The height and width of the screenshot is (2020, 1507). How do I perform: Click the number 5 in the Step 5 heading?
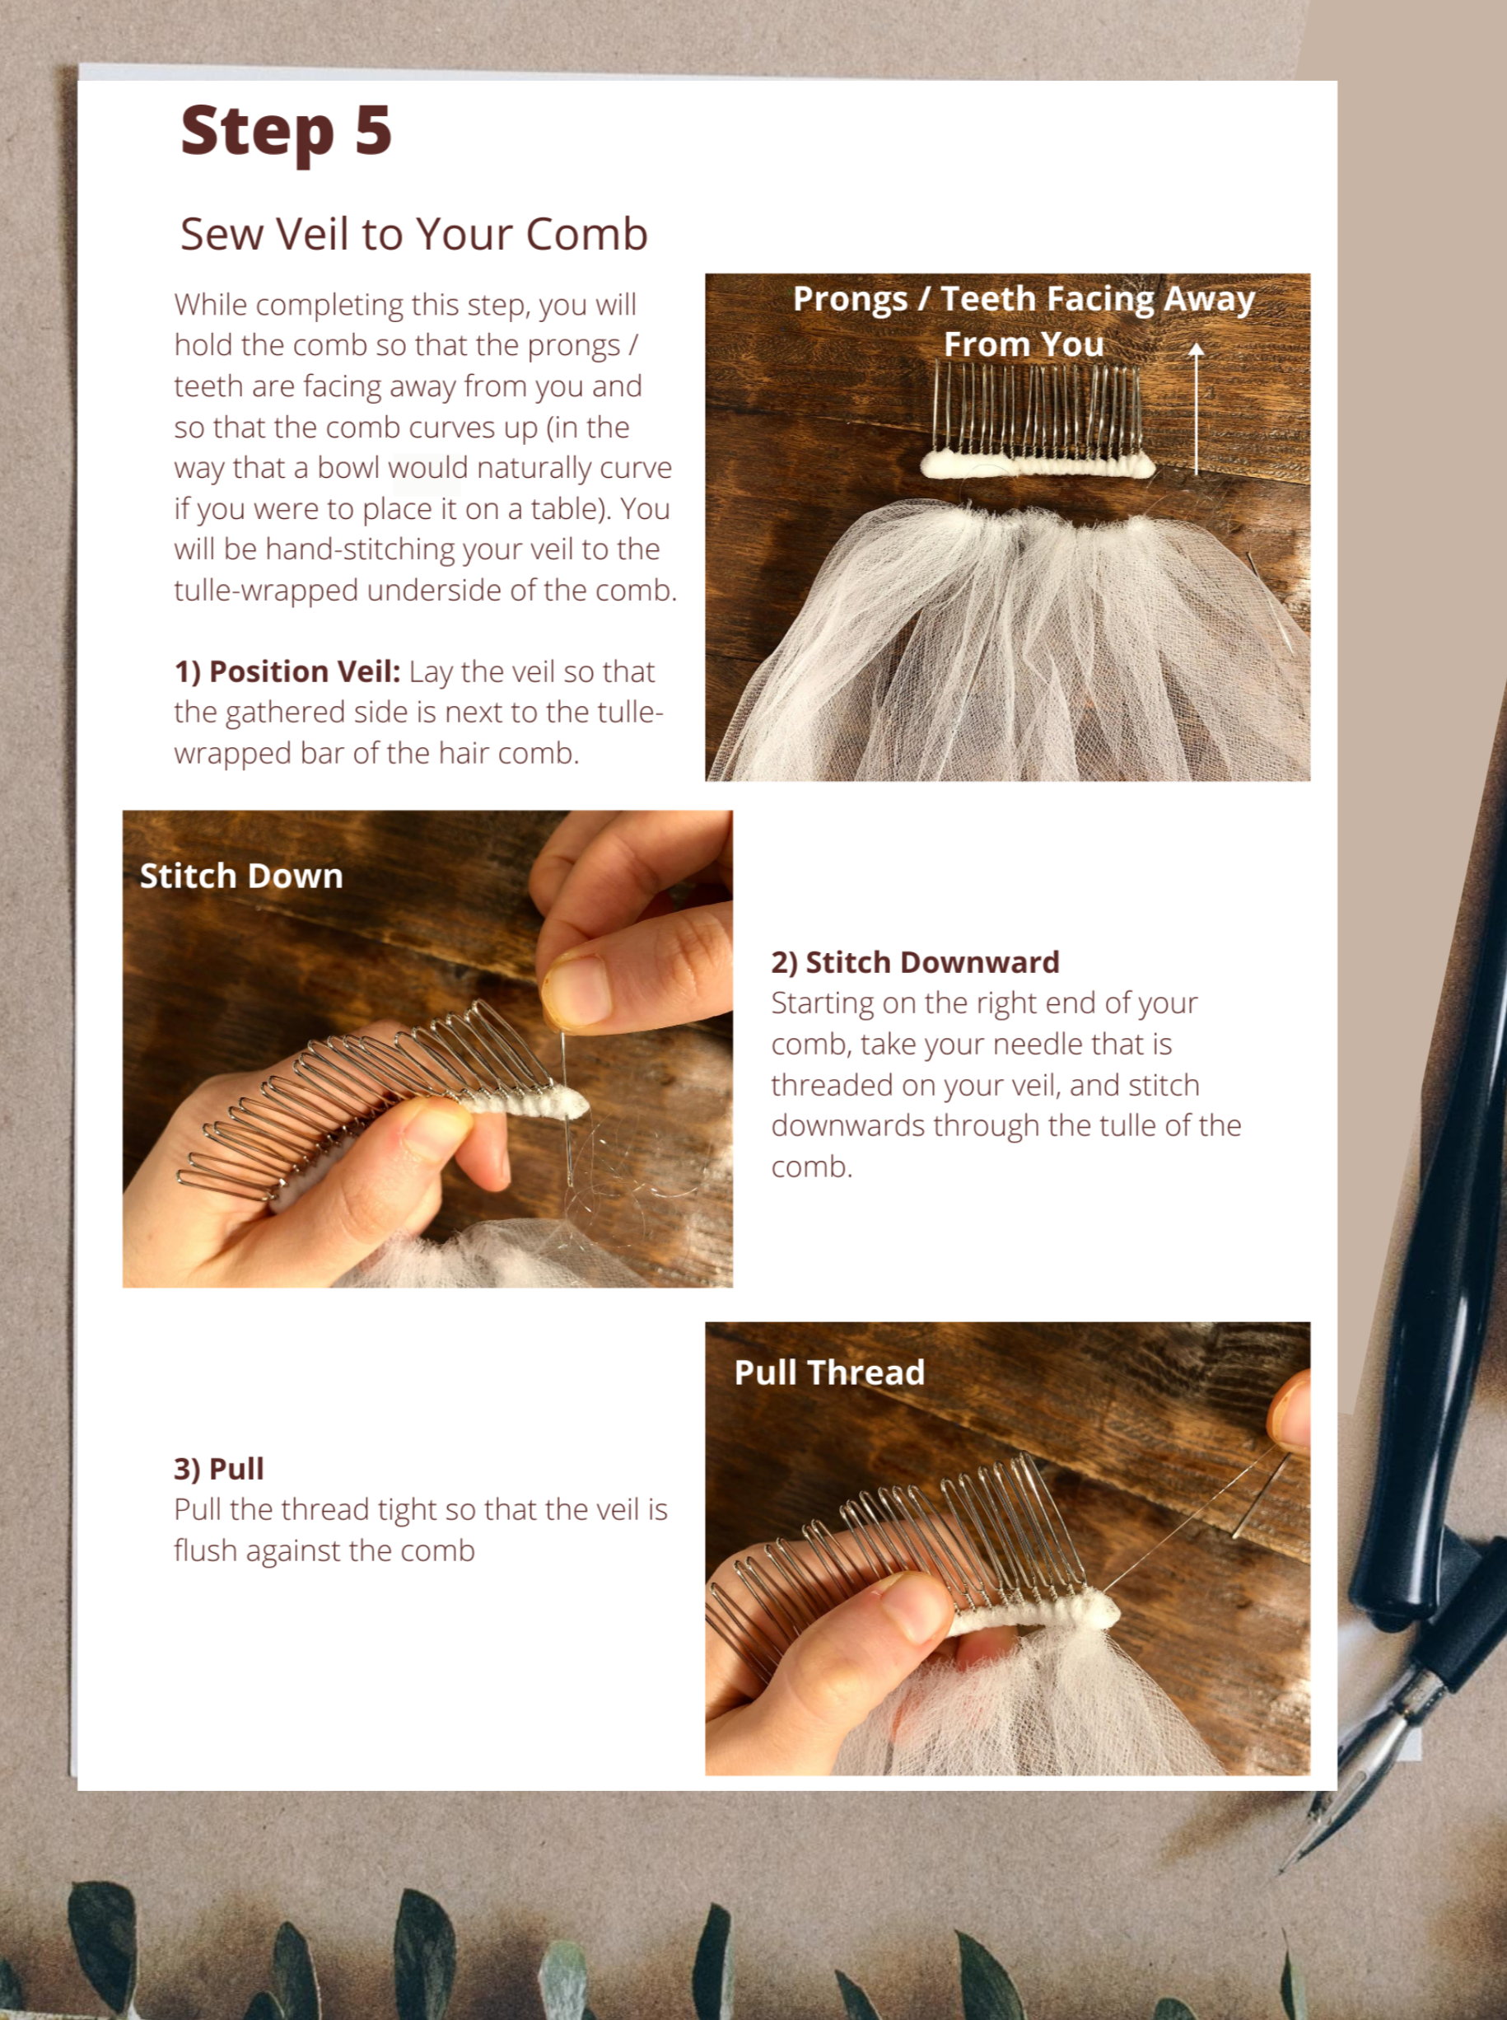(373, 130)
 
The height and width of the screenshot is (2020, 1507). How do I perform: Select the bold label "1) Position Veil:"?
(287, 671)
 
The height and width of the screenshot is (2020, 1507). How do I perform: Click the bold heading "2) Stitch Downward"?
(915, 961)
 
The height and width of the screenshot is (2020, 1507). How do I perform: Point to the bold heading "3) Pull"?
(219, 1468)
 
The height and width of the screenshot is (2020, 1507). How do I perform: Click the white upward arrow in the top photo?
(1196, 408)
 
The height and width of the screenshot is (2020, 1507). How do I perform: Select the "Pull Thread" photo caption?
(829, 1372)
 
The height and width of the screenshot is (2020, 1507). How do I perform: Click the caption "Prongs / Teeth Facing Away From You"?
(1024, 321)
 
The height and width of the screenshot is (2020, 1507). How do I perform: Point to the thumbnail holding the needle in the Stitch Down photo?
(576, 990)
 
